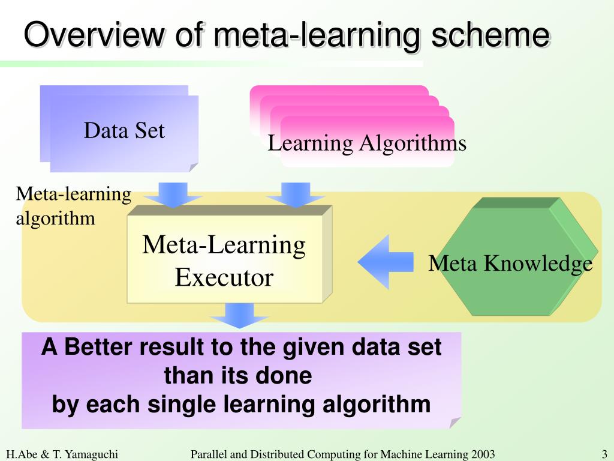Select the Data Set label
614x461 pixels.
coord(124,130)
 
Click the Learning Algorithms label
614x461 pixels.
coord(366,143)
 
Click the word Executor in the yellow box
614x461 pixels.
coord(224,277)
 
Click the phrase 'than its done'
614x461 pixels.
coord(237,376)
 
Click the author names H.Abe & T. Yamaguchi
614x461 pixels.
coord(62,454)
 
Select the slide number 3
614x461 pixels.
coord(604,454)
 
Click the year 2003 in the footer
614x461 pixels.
coord(483,454)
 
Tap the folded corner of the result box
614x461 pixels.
coord(455,422)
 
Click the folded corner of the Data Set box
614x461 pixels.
coord(192,167)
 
